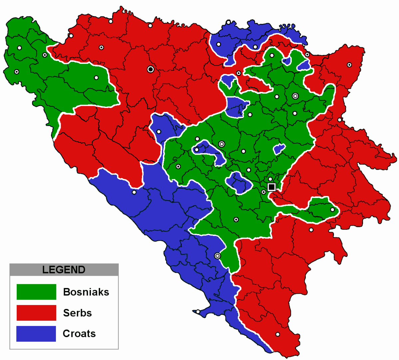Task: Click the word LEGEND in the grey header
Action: pyautogui.click(x=64, y=270)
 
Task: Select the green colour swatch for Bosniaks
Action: pyautogui.click(x=36, y=292)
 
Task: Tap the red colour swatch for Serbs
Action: pyautogui.click(x=36, y=313)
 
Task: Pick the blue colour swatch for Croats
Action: pyautogui.click(x=36, y=334)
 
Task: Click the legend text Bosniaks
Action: pyautogui.click(x=86, y=292)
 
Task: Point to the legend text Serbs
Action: pyautogui.click(x=77, y=313)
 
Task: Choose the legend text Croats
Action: pyautogui.click(x=79, y=334)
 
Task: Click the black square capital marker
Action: pyautogui.click(x=271, y=187)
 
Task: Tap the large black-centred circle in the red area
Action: pyautogui.click(x=151, y=69)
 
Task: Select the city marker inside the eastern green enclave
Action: pyautogui.click(x=332, y=209)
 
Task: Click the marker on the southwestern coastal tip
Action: pyautogui.click(x=198, y=312)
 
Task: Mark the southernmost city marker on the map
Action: pyautogui.click(x=277, y=334)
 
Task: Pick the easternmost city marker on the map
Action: pyautogui.click(x=349, y=65)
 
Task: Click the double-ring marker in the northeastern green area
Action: pyautogui.click(x=295, y=96)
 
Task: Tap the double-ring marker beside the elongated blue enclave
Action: pyautogui.click(x=221, y=144)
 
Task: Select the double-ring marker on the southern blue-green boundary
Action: pyautogui.click(x=217, y=256)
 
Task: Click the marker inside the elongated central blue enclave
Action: pyautogui.click(x=197, y=150)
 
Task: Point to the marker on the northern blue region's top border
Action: pyautogui.click(x=228, y=22)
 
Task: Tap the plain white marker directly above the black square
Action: pyautogui.click(x=270, y=179)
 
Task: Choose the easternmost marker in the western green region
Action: pyautogui.click(x=96, y=78)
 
